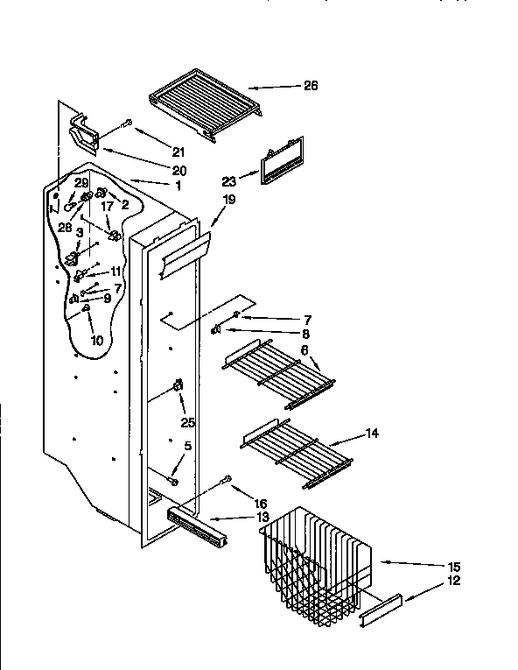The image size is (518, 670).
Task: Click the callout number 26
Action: pyautogui.click(x=310, y=86)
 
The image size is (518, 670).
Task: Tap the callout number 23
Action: pyautogui.click(x=229, y=182)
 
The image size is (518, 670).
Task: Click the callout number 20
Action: pyautogui.click(x=178, y=170)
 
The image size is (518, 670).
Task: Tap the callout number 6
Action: pyautogui.click(x=304, y=349)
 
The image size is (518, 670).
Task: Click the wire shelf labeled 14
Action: pyautogui.click(x=292, y=452)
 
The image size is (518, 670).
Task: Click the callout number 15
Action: pyautogui.click(x=453, y=567)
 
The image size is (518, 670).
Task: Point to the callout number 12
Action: pyautogui.click(x=453, y=581)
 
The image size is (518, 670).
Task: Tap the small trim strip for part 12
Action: pyautogui.click(x=381, y=611)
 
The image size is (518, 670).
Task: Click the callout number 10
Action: pyautogui.click(x=95, y=339)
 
